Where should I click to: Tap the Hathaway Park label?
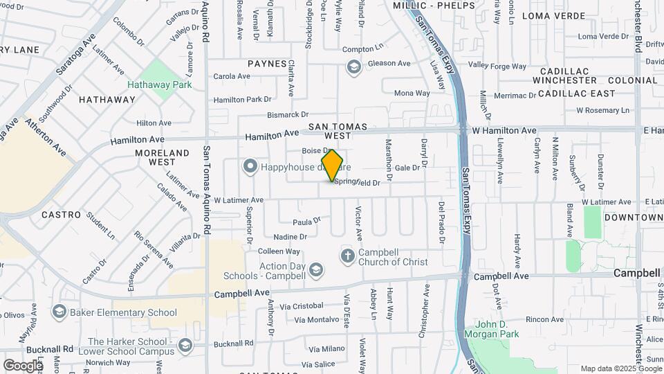point(159,84)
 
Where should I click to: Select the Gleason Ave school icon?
point(353,67)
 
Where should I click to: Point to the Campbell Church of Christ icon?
point(347,257)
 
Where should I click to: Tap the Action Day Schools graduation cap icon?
point(316,269)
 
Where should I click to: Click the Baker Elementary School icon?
point(59,312)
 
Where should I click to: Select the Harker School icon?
point(185,344)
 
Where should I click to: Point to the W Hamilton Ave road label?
point(504,130)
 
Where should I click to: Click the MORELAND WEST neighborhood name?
point(162,157)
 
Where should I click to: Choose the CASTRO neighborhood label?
point(62,215)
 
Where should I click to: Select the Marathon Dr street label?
point(389,159)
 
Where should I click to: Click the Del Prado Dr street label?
point(441,222)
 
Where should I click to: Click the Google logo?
point(23,365)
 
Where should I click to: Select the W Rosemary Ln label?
point(602,110)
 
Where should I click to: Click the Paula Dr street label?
point(307,222)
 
